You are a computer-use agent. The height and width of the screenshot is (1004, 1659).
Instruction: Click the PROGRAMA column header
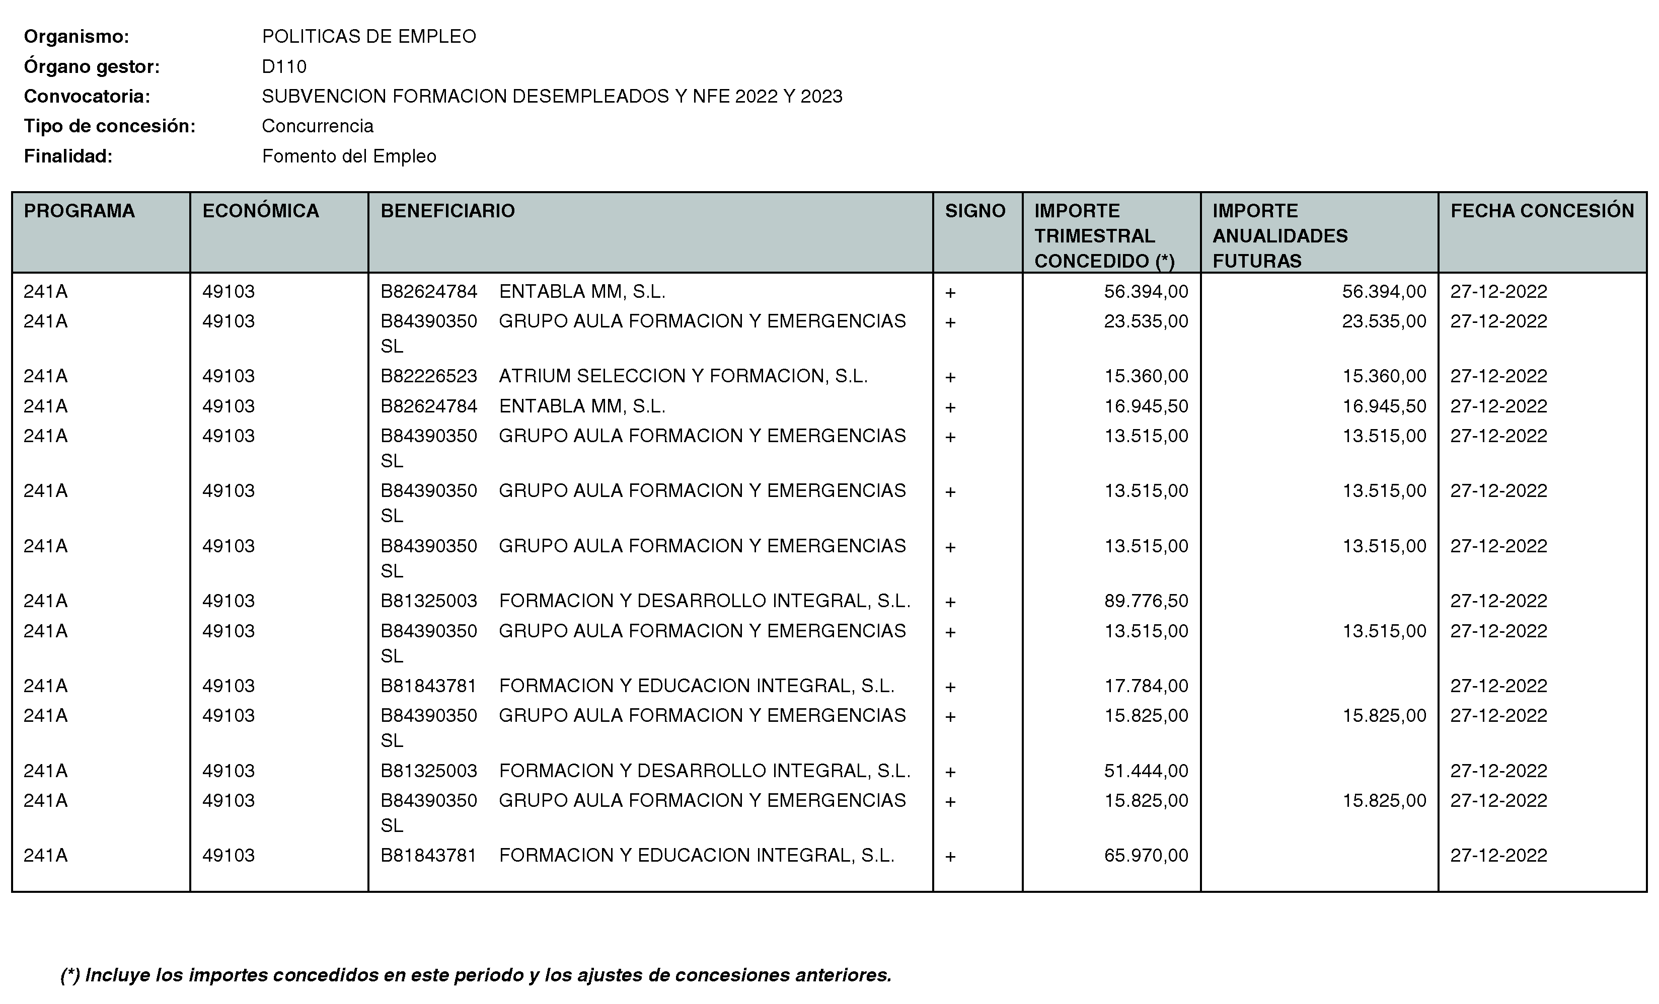(79, 211)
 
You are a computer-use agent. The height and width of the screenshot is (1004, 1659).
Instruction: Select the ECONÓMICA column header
(261, 211)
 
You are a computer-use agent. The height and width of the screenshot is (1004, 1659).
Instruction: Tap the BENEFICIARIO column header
(448, 211)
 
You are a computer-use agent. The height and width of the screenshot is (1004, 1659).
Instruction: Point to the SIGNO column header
(975, 211)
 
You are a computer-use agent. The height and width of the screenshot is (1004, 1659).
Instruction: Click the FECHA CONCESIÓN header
(1542, 211)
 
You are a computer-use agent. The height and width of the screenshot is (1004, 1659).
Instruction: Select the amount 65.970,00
(1146, 855)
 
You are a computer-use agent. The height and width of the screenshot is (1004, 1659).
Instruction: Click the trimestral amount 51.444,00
(1146, 771)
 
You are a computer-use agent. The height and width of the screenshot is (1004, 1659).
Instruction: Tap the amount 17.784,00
(1146, 686)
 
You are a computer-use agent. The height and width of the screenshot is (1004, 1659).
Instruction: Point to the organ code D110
(284, 66)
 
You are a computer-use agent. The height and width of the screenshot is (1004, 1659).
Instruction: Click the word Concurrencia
(318, 126)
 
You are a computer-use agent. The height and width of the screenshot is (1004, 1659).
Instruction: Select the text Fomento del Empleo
(349, 156)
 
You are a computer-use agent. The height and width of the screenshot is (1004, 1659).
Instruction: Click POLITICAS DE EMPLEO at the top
(369, 36)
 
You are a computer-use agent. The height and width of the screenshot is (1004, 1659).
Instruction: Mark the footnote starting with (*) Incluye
(475, 975)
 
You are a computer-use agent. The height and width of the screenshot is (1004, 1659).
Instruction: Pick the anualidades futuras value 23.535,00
(1384, 321)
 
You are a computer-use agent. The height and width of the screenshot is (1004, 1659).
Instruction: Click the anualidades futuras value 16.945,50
(1384, 406)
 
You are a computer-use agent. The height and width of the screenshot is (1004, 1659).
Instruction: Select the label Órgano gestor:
(92, 66)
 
